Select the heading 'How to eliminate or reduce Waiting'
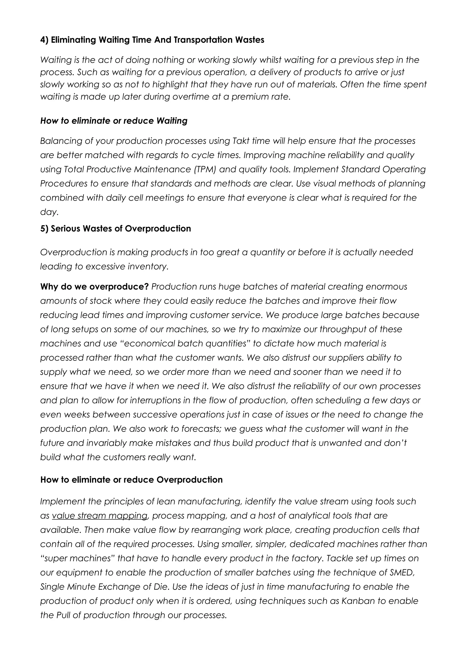114,121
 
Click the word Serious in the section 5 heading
65,228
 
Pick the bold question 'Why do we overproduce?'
94,287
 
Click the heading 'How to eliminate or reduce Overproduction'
131,480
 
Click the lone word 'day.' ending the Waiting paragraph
49,212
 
